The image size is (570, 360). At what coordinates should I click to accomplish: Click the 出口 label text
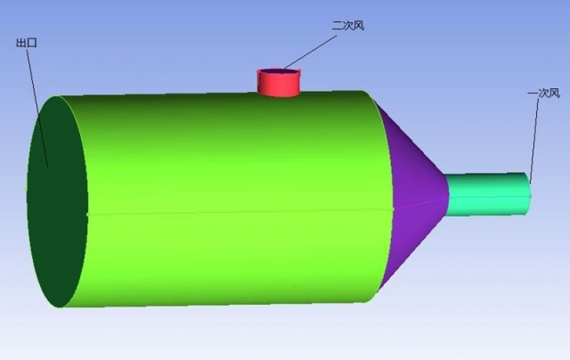[x=27, y=42]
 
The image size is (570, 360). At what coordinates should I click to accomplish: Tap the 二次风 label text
[x=348, y=26]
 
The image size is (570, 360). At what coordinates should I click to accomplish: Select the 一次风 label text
[x=543, y=93]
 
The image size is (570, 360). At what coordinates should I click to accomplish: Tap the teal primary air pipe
[x=485, y=192]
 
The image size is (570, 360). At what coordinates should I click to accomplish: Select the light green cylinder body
[x=232, y=160]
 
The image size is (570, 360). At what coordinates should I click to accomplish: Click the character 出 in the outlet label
[x=21, y=42]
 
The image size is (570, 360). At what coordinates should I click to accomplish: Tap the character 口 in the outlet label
[x=32, y=42]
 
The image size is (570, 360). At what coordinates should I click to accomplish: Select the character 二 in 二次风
[x=338, y=26]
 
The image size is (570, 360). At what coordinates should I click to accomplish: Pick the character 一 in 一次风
[x=533, y=93]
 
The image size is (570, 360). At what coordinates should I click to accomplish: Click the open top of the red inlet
[x=279, y=71]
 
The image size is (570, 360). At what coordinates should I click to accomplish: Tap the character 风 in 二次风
[x=359, y=26]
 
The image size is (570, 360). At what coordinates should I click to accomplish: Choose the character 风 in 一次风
[x=554, y=93]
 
